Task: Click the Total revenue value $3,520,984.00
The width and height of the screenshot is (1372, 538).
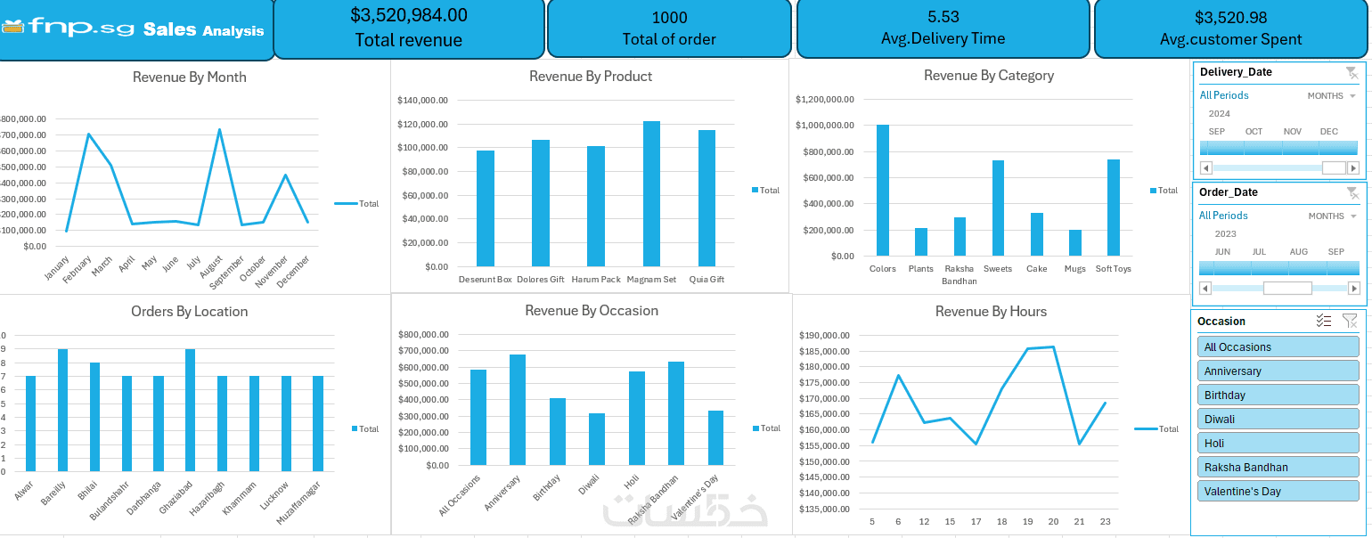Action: (408, 15)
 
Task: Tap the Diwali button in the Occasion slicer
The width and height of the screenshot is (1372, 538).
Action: (1278, 419)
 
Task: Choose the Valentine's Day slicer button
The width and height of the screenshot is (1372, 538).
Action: (1278, 491)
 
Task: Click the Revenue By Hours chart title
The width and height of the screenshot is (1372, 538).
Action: (991, 311)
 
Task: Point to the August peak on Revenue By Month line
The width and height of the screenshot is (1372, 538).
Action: (219, 130)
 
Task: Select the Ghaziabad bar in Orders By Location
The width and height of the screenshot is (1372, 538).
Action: (190, 410)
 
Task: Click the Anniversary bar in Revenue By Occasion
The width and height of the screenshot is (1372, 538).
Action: (518, 409)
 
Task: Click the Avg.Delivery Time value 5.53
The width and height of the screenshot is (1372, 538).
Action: (943, 16)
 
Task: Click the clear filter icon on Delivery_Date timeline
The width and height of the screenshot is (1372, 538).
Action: (1352, 72)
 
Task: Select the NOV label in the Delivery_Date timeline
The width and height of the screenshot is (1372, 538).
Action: (1292, 132)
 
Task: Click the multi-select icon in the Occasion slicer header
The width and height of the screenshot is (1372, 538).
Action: (1323, 321)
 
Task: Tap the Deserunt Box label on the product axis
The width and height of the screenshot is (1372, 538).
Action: (486, 279)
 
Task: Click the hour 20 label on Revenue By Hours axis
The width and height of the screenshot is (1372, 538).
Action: (1053, 522)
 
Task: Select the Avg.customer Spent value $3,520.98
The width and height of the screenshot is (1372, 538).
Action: (1230, 17)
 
